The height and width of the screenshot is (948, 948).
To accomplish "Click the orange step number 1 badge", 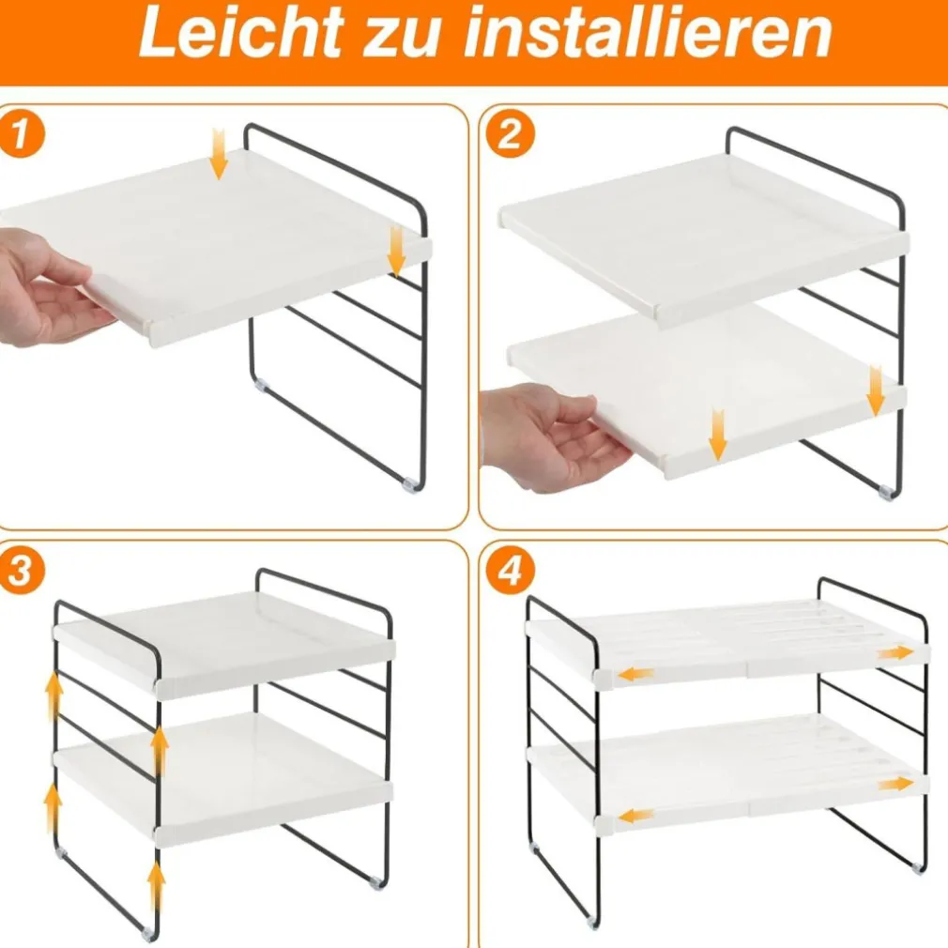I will pyautogui.click(x=21, y=137).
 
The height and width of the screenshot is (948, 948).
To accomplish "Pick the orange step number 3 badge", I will pyautogui.click(x=21, y=573).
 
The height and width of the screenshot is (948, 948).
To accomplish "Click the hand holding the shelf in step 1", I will pyautogui.click(x=47, y=286).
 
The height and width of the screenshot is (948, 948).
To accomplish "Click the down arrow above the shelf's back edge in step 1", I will pyautogui.click(x=219, y=155).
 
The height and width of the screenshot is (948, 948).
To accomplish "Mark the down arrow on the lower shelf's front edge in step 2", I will pyautogui.click(x=718, y=435).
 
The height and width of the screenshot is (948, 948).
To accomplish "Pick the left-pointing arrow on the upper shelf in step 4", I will pyautogui.click(x=636, y=673).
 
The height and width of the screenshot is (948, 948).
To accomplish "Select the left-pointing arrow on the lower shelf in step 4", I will pyautogui.click(x=636, y=816).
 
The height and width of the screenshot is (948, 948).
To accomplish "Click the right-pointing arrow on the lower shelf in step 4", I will pyautogui.click(x=895, y=783).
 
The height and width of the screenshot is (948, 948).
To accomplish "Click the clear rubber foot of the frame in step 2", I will pyautogui.click(x=884, y=491).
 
